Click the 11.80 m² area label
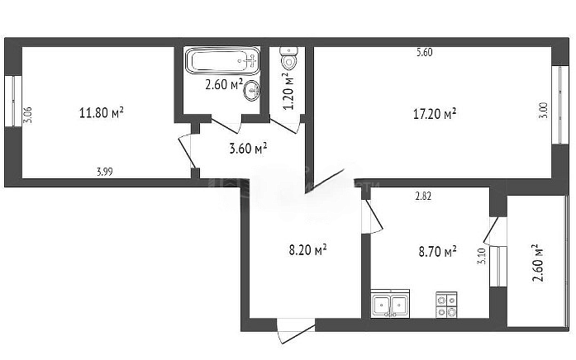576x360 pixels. (102, 112)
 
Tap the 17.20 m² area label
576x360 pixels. (435, 114)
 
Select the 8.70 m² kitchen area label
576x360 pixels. (438, 252)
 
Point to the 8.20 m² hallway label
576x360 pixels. (308, 250)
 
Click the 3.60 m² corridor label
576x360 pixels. (248, 149)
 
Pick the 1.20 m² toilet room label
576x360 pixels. (288, 91)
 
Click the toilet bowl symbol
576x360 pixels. (288, 58)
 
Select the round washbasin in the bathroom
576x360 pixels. (251, 89)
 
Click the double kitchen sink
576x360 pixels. (390, 303)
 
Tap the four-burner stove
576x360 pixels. (446, 305)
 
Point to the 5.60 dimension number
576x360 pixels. (425, 53)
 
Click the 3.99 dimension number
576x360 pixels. (105, 172)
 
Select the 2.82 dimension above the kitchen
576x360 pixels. (423, 196)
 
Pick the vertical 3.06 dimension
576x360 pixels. (28, 115)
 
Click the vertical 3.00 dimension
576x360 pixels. (545, 110)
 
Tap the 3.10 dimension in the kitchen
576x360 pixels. (482, 256)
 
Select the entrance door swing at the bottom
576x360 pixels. (296, 331)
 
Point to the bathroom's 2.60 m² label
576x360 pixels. (224, 85)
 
